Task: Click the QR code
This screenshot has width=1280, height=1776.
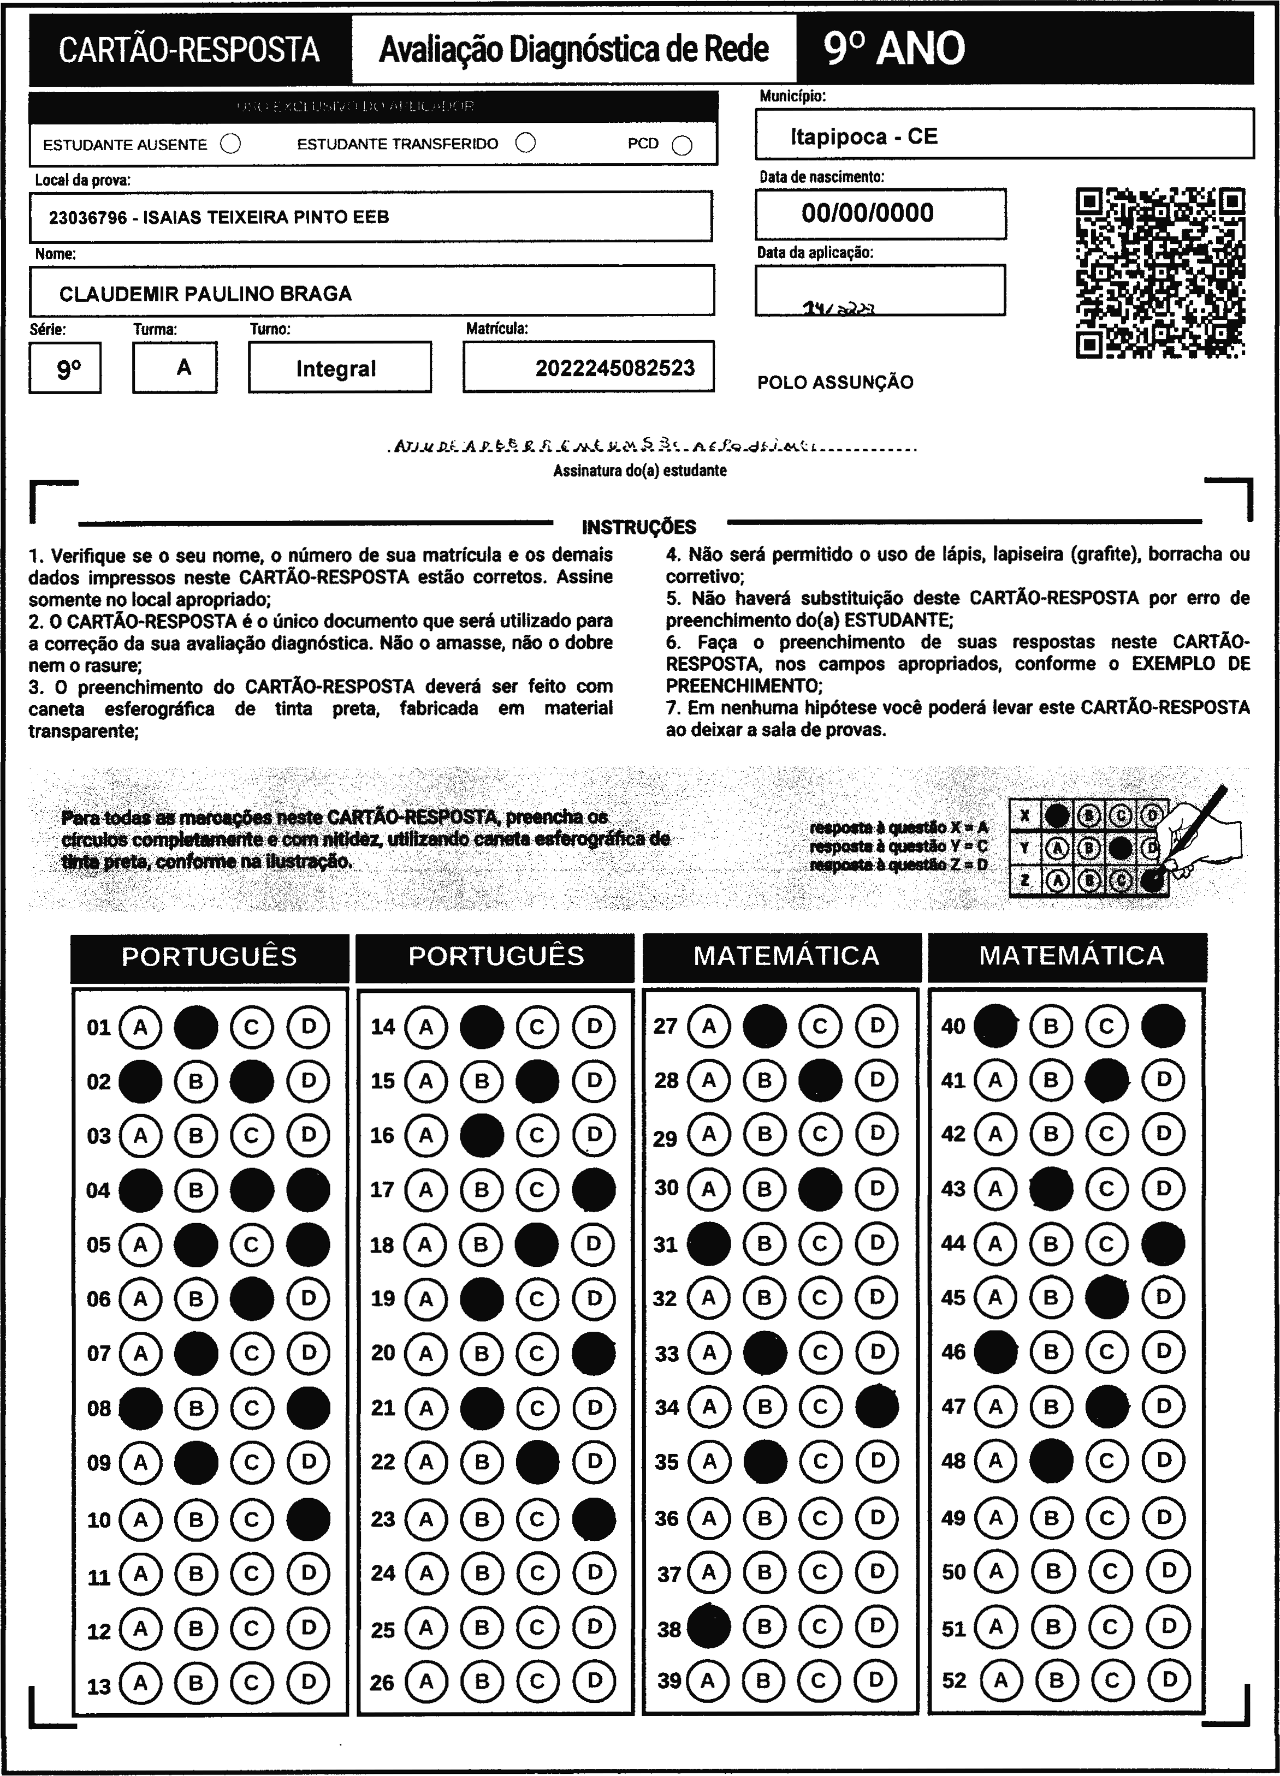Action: coord(1160,272)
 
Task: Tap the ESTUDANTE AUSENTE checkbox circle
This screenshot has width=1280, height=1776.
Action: coord(230,144)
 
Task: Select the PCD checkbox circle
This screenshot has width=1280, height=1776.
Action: coord(682,146)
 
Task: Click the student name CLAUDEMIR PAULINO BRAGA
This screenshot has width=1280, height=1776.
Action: coord(205,294)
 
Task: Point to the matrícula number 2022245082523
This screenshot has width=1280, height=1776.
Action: coord(615,368)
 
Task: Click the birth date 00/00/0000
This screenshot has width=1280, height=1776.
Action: coord(867,213)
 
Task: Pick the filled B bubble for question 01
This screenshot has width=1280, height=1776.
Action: coord(196,1027)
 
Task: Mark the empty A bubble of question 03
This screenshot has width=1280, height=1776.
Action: coord(140,1135)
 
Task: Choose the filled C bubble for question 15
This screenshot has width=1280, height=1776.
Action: coord(537,1081)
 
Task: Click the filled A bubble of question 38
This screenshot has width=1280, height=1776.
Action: coord(709,1629)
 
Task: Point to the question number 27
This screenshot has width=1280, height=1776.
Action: coord(665,1026)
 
